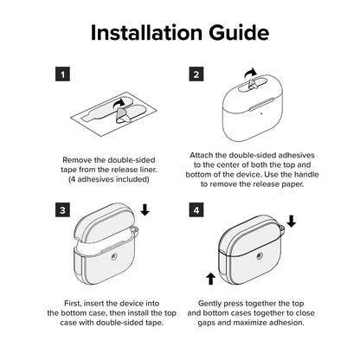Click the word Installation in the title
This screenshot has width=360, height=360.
click(146, 32)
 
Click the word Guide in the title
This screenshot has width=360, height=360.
click(239, 32)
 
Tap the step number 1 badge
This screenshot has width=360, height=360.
click(62, 74)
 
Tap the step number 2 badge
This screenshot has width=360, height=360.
click(196, 74)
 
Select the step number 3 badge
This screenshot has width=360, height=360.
click(62, 209)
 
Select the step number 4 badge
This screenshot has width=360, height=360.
click(196, 209)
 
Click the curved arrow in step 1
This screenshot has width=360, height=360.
click(119, 103)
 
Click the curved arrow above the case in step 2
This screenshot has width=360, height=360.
click(250, 74)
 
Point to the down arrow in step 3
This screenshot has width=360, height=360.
click(145, 210)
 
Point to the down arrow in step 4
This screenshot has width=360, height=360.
click(292, 222)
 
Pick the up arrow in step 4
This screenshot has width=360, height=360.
click(211, 279)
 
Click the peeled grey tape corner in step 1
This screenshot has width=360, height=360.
click(121, 116)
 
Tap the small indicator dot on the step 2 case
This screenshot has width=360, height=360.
click(261, 113)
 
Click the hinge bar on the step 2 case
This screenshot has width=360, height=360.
click(261, 104)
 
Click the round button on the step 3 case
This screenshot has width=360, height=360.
click(114, 255)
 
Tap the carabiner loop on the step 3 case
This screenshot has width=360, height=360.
click(135, 230)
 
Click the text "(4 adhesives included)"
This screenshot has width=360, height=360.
click(109, 179)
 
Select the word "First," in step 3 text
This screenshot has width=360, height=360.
click(73, 304)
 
